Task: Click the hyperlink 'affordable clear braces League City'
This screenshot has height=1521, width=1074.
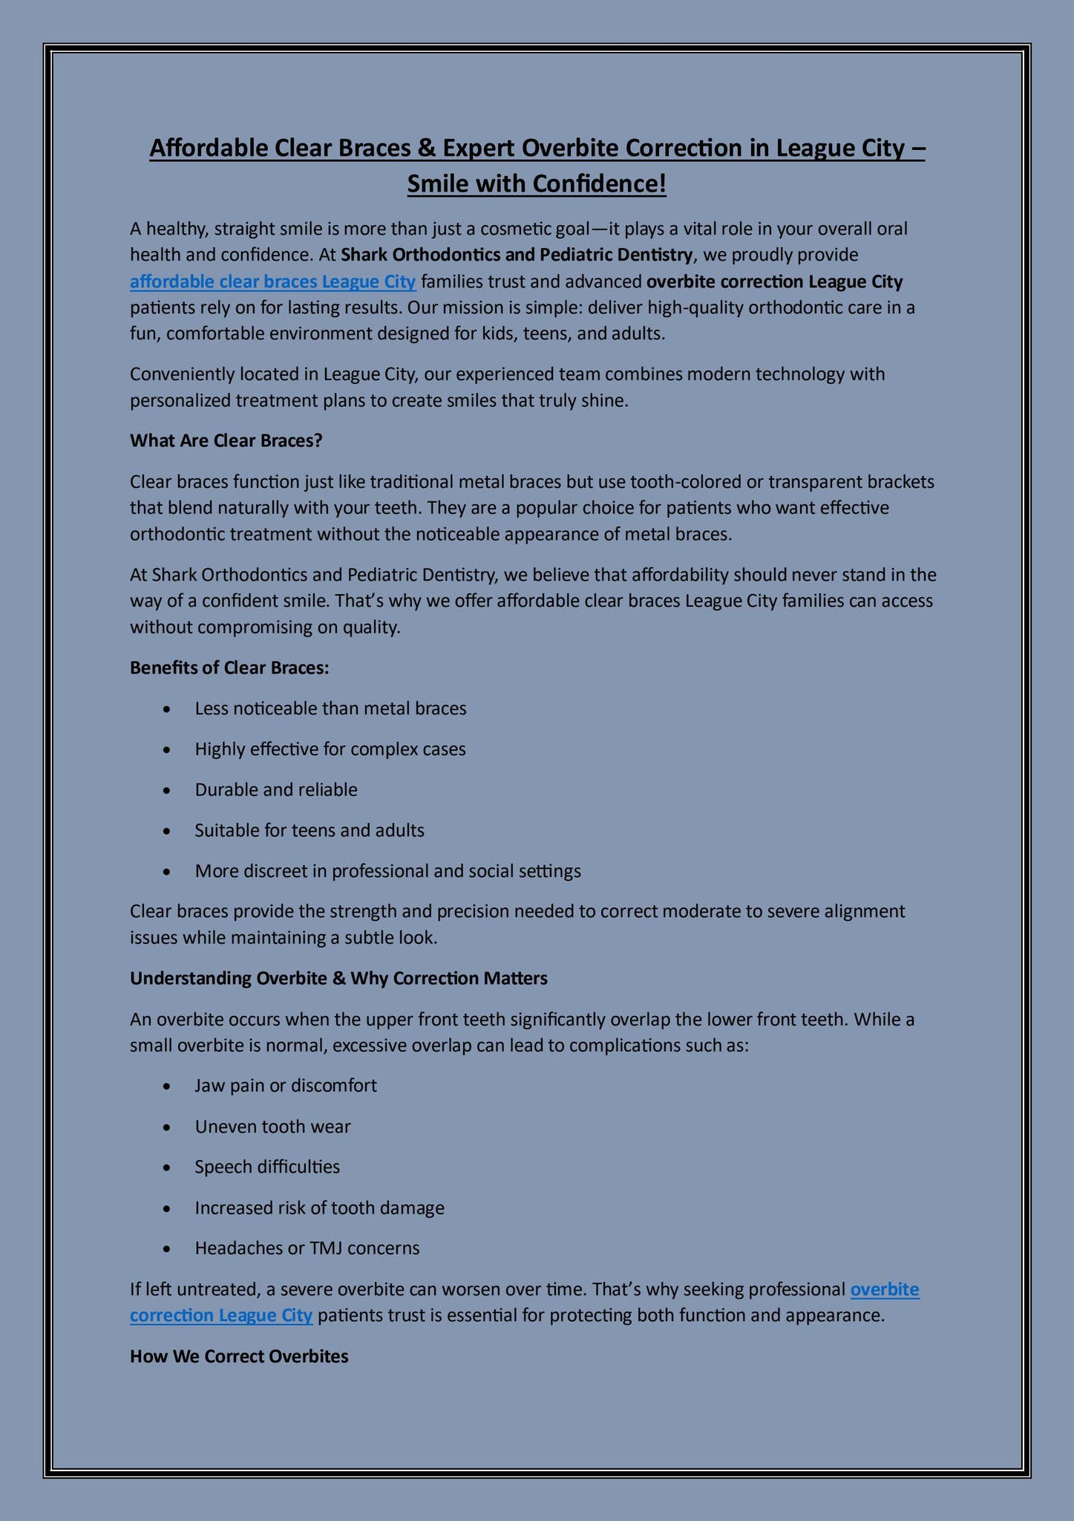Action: point(272,282)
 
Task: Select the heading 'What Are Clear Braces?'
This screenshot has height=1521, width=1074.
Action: point(226,440)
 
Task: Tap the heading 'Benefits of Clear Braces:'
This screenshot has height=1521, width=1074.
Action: point(229,668)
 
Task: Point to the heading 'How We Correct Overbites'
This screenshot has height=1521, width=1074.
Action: point(239,1356)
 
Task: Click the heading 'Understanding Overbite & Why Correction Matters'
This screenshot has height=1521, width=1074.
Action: point(338,978)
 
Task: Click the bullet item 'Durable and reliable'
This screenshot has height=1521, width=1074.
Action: point(276,789)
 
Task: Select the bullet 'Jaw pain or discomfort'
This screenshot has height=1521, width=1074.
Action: point(286,1086)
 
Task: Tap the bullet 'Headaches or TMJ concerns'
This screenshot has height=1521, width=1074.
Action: point(307,1248)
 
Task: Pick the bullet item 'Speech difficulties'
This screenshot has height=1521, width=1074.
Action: point(267,1167)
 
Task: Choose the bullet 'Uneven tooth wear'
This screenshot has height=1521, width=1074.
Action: point(272,1127)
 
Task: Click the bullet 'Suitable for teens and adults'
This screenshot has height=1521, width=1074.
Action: point(310,830)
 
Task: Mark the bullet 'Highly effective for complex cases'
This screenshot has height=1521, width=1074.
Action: point(330,749)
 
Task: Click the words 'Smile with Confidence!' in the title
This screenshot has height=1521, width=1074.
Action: point(537,183)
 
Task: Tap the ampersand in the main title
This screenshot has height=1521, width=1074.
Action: point(425,149)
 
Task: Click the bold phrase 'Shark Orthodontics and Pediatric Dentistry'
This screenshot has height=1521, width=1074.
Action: point(517,255)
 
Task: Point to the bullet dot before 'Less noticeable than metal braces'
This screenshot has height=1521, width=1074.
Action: point(170,709)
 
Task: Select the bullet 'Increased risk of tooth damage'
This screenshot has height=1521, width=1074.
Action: point(319,1208)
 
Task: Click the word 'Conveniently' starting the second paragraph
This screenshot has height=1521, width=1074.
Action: point(177,374)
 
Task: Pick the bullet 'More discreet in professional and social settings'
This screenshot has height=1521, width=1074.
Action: point(387,870)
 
